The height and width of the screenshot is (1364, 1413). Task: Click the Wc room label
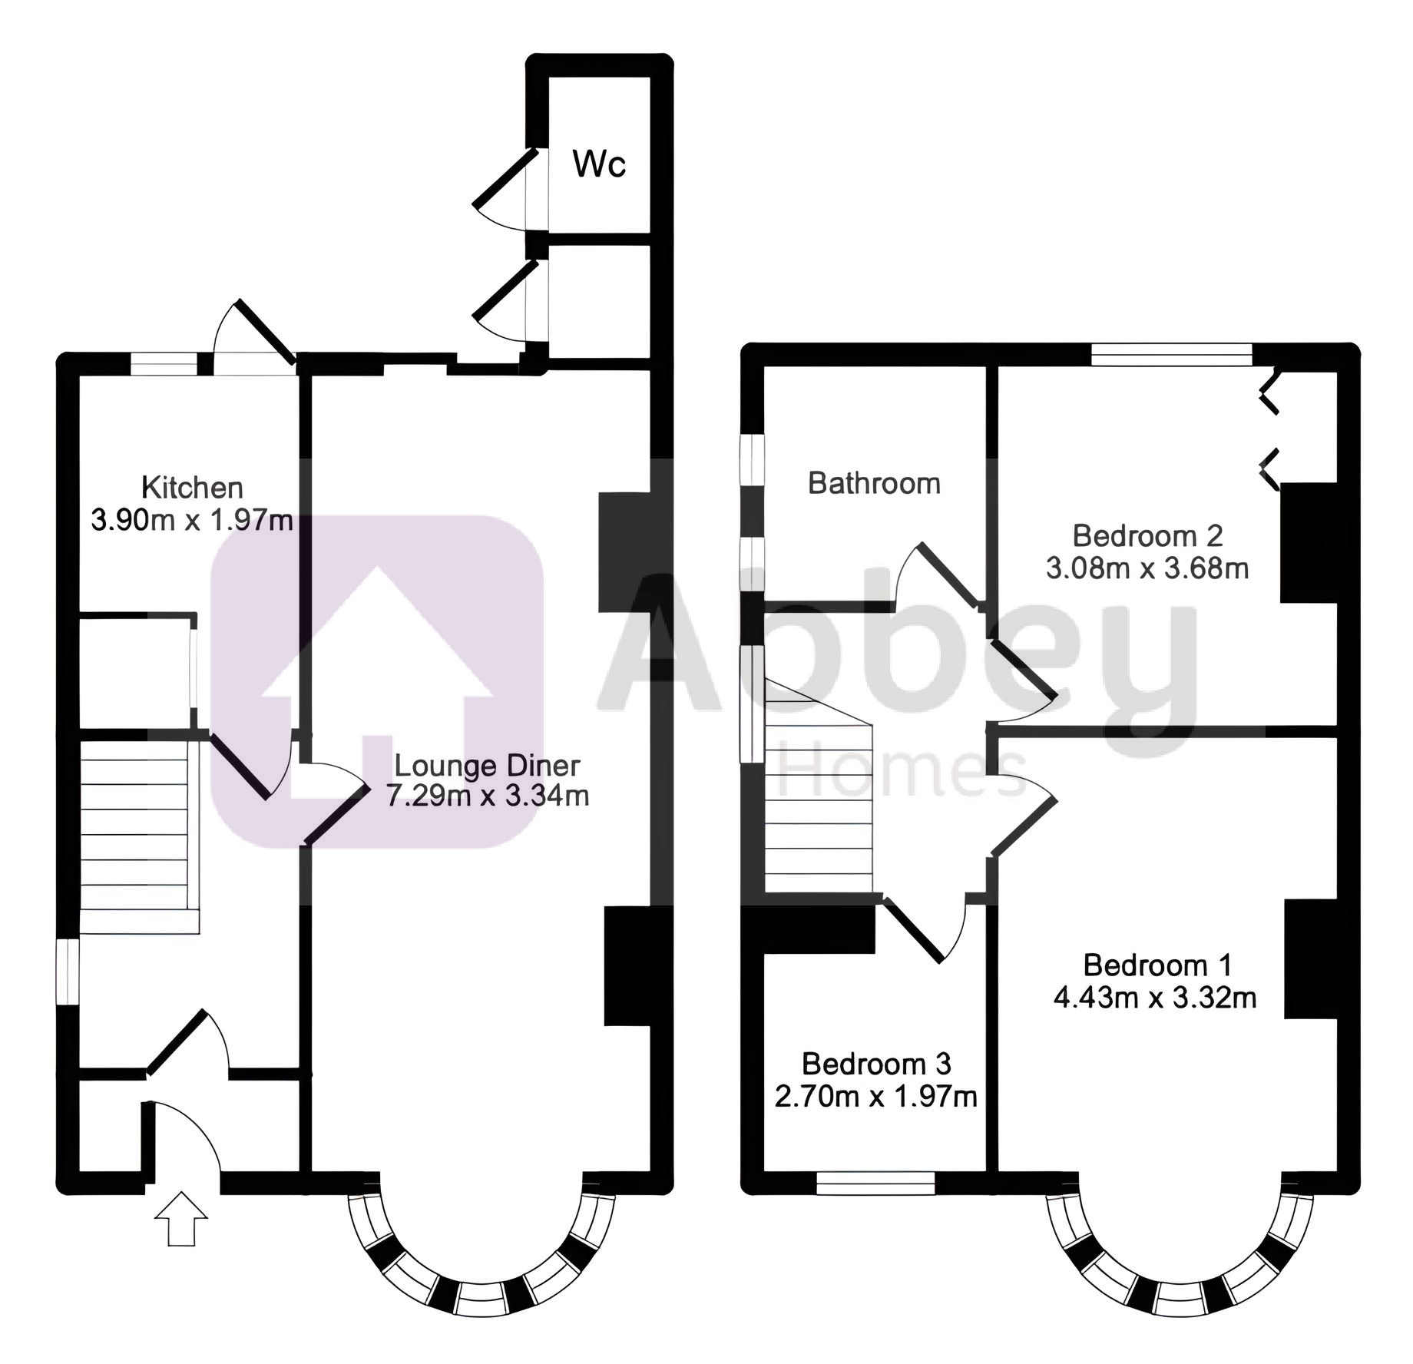click(x=599, y=164)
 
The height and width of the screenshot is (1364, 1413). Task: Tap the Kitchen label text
click(x=192, y=488)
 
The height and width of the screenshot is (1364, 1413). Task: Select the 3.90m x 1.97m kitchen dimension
click(x=192, y=521)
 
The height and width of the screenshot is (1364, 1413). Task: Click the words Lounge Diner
click(x=487, y=766)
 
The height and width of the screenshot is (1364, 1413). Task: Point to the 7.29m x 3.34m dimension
click(x=488, y=796)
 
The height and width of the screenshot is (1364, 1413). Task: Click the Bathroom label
click(x=874, y=483)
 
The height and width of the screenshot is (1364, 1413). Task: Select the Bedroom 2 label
click(x=1147, y=535)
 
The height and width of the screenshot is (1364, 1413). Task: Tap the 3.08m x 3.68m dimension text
click(x=1147, y=568)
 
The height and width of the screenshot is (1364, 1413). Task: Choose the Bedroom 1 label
click(x=1157, y=965)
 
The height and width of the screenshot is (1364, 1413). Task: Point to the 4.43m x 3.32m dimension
click(x=1155, y=998)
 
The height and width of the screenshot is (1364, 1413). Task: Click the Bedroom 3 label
click(x=876, y=1064)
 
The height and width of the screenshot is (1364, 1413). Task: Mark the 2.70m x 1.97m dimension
click(x=876, y=1097)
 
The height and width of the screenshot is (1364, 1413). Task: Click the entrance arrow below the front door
click(x=181, y=1219)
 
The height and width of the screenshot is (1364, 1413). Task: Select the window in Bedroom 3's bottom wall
click(x=875, y=1184)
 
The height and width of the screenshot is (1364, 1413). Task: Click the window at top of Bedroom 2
click(x=1172, y=355)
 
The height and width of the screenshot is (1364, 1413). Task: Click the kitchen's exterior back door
click(x=253, y=337)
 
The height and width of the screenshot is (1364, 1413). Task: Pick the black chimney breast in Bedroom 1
click(x=1311, y=959)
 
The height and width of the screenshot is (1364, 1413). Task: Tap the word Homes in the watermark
click(x=902, y=769)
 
